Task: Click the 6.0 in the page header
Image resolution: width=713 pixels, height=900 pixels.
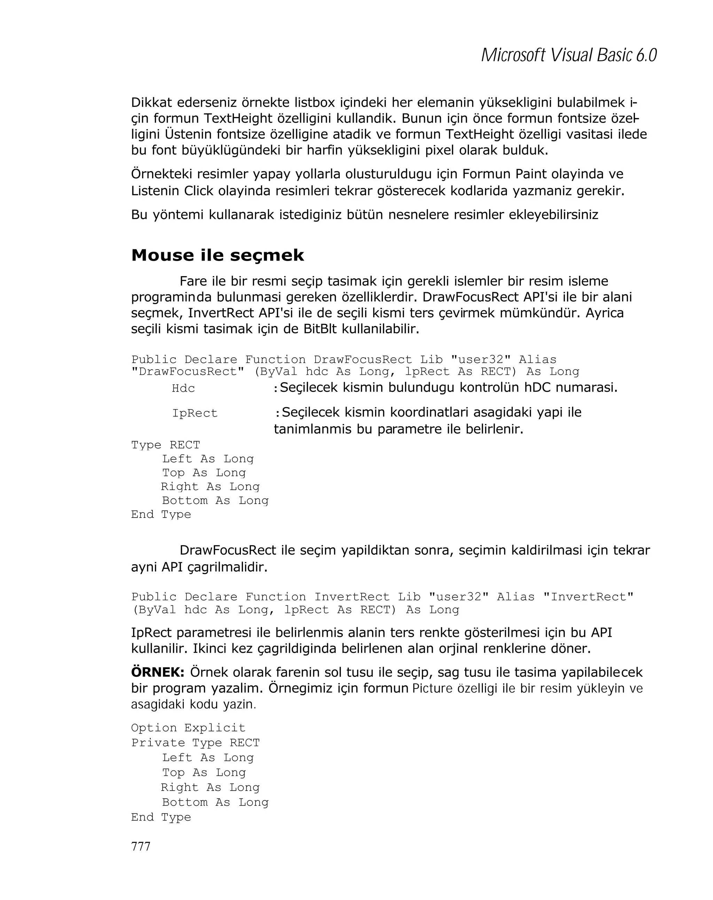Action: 646,55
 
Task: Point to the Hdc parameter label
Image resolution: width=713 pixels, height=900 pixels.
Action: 183,389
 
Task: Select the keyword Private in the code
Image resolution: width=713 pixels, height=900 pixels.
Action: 158,743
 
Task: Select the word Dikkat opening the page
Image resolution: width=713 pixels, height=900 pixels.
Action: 151,102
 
